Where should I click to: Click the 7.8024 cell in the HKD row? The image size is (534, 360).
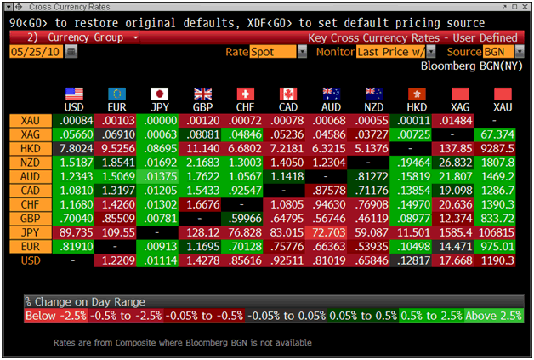pyautogui.click(x=73, y=148)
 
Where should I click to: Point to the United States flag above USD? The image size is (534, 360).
pyautogui.click(x=74, y=94)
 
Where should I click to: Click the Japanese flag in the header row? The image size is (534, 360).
pyautogui.click(x=159, y=94)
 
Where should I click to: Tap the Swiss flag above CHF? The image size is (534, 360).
pyautogui.click(x=245, y=94)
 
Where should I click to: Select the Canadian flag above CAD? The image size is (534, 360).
pyautogui.click(x=287, y=94)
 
